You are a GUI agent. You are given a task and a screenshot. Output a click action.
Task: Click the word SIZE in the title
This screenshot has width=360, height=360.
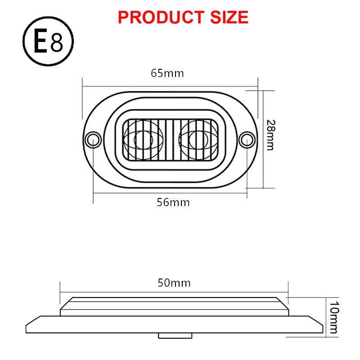point(229,17)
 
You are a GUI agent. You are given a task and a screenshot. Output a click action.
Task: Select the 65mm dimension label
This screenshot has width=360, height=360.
point(167,73)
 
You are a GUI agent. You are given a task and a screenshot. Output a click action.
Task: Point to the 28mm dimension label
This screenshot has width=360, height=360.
point(270,135)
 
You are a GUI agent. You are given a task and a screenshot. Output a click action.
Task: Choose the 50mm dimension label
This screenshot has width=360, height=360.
point(174,283)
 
